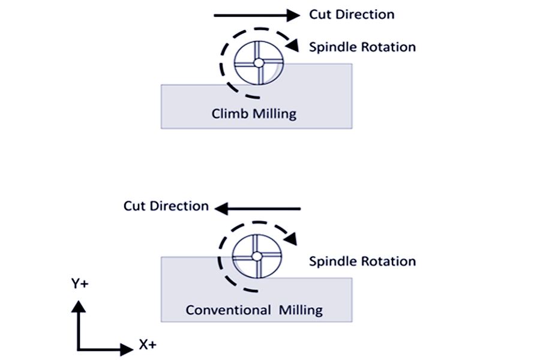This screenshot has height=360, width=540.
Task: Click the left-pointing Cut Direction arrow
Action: pos(257,208)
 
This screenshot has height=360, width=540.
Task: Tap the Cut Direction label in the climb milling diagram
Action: pos(352,15)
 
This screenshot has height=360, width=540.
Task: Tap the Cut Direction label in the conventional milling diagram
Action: pos(166,206)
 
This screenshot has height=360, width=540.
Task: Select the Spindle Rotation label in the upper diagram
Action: pos(362,47)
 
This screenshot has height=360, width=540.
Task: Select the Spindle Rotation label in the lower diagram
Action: pos(362,261)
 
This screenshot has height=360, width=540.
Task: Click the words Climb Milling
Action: pos(254,113)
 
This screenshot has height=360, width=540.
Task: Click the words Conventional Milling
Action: pos(254,310)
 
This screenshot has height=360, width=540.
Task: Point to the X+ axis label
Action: pos(148,344)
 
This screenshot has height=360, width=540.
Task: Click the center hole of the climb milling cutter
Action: pos(258,62)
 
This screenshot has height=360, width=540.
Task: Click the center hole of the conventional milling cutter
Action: pos(256,256)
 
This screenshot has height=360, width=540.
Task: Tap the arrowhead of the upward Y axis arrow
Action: pos(78,306)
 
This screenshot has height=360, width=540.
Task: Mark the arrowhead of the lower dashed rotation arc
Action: pos(291,239)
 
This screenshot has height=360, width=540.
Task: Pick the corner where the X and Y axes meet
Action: pos(79,349)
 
